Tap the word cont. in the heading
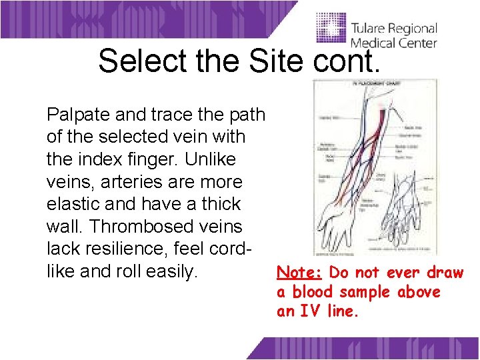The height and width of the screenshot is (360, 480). pos(343,61)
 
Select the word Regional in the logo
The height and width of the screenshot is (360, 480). pos(415,30)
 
